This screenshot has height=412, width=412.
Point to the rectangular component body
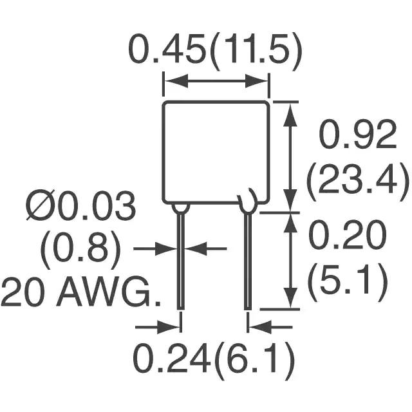(x=215, y=152)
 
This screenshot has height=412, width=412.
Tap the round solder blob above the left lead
(x=181, y=207)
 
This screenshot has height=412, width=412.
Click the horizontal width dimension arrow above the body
(x=215, y=81)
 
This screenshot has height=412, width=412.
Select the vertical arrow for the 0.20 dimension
(x=291, y=260)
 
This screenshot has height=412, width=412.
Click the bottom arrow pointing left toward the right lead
(x=265, y=326)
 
